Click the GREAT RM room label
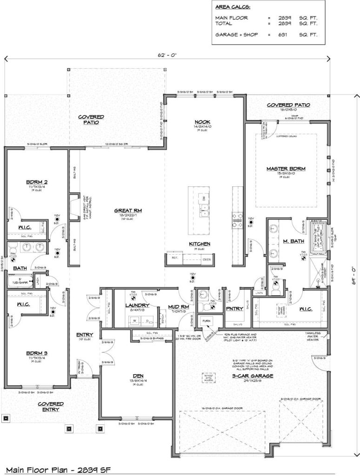[127, 211]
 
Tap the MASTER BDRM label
[286, 169]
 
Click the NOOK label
[203, 122]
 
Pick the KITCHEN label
[200, 244]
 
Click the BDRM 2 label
[34, 183]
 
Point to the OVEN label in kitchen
[206, 259]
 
